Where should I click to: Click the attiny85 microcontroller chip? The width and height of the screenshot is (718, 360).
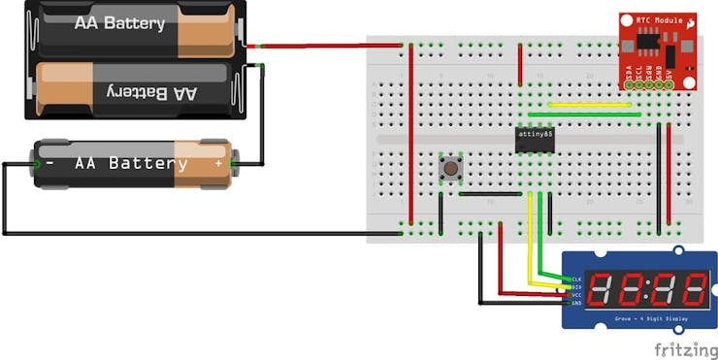click(534, 140)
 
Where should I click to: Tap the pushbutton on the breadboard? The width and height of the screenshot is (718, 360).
click(451, 168)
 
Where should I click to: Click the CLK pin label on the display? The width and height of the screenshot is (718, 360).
click(577, 278)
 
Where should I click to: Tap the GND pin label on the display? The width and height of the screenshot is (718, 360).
click(577, 302)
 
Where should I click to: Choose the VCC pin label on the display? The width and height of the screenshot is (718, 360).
click(577, 294)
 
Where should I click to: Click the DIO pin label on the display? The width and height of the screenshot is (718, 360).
click(577, 286)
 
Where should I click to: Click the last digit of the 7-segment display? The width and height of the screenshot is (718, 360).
click(691, 288)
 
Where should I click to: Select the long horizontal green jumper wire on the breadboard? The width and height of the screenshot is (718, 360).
click(582, 115)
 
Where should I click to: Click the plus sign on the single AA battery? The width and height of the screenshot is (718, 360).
click(218, 164)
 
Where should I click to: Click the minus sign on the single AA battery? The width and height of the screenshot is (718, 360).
click(49, 163)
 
